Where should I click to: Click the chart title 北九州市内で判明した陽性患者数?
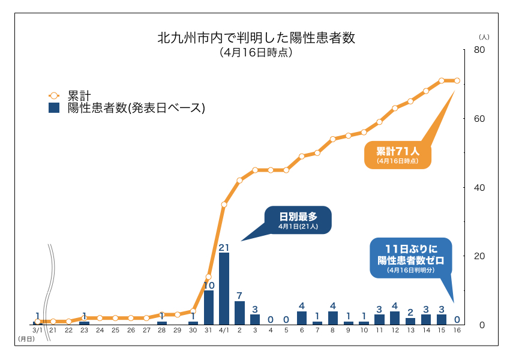pyautogui.click(x=256, y=38)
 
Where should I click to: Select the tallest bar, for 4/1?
pyautogui.click(x=224, y=288)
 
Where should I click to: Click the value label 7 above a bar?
pyautogui.click(x=239, y=296)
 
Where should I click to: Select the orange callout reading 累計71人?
pyautogui.click(x=397, y=155)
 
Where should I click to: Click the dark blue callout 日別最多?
pyautogui.click(x=297, y=220)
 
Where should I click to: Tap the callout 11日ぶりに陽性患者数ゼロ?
pyautogui.click(x=410, y=258)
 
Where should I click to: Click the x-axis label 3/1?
pyautogui.click(x=37, y=330)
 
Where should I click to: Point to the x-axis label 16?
pyautogui.click(x=457, y=330)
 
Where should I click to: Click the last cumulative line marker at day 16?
pyautogui.click(x=457, y=80)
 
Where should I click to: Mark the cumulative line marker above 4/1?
pyautogui.click(x=224, y=205)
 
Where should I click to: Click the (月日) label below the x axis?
pyautogui.click(x=26, y=339)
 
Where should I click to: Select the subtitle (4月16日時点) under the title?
pyautogui.click(x=256, y=53)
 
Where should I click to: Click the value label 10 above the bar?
pyautogui.click(x=209, y=286)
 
